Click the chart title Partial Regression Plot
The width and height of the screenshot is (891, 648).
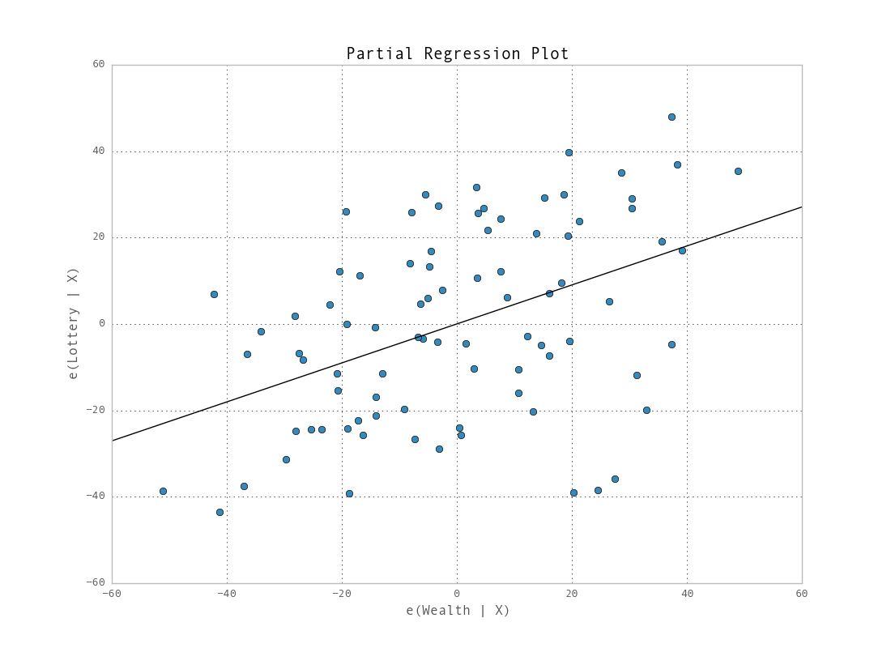458,54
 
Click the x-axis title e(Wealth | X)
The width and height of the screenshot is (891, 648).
458,611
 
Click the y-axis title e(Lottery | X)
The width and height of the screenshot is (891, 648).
73,323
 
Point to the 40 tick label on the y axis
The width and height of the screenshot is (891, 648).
98,151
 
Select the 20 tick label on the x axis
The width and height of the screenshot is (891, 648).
572,594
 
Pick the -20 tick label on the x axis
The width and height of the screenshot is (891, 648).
341,594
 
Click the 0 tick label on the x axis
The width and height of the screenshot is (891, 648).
457,594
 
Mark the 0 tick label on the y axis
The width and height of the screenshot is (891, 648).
101,323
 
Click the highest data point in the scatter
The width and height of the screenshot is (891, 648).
671,117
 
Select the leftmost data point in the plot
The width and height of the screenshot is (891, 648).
163,491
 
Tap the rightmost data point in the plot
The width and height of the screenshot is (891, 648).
738,171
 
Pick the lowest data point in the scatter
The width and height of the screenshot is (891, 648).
220,512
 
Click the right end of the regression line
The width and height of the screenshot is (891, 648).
801,207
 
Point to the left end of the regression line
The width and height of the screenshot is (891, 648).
113,441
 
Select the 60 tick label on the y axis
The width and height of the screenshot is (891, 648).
98,65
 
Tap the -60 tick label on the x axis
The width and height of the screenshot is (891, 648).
111,594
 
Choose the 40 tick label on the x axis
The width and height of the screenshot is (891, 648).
687,594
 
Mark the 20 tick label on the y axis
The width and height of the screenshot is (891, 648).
98,237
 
